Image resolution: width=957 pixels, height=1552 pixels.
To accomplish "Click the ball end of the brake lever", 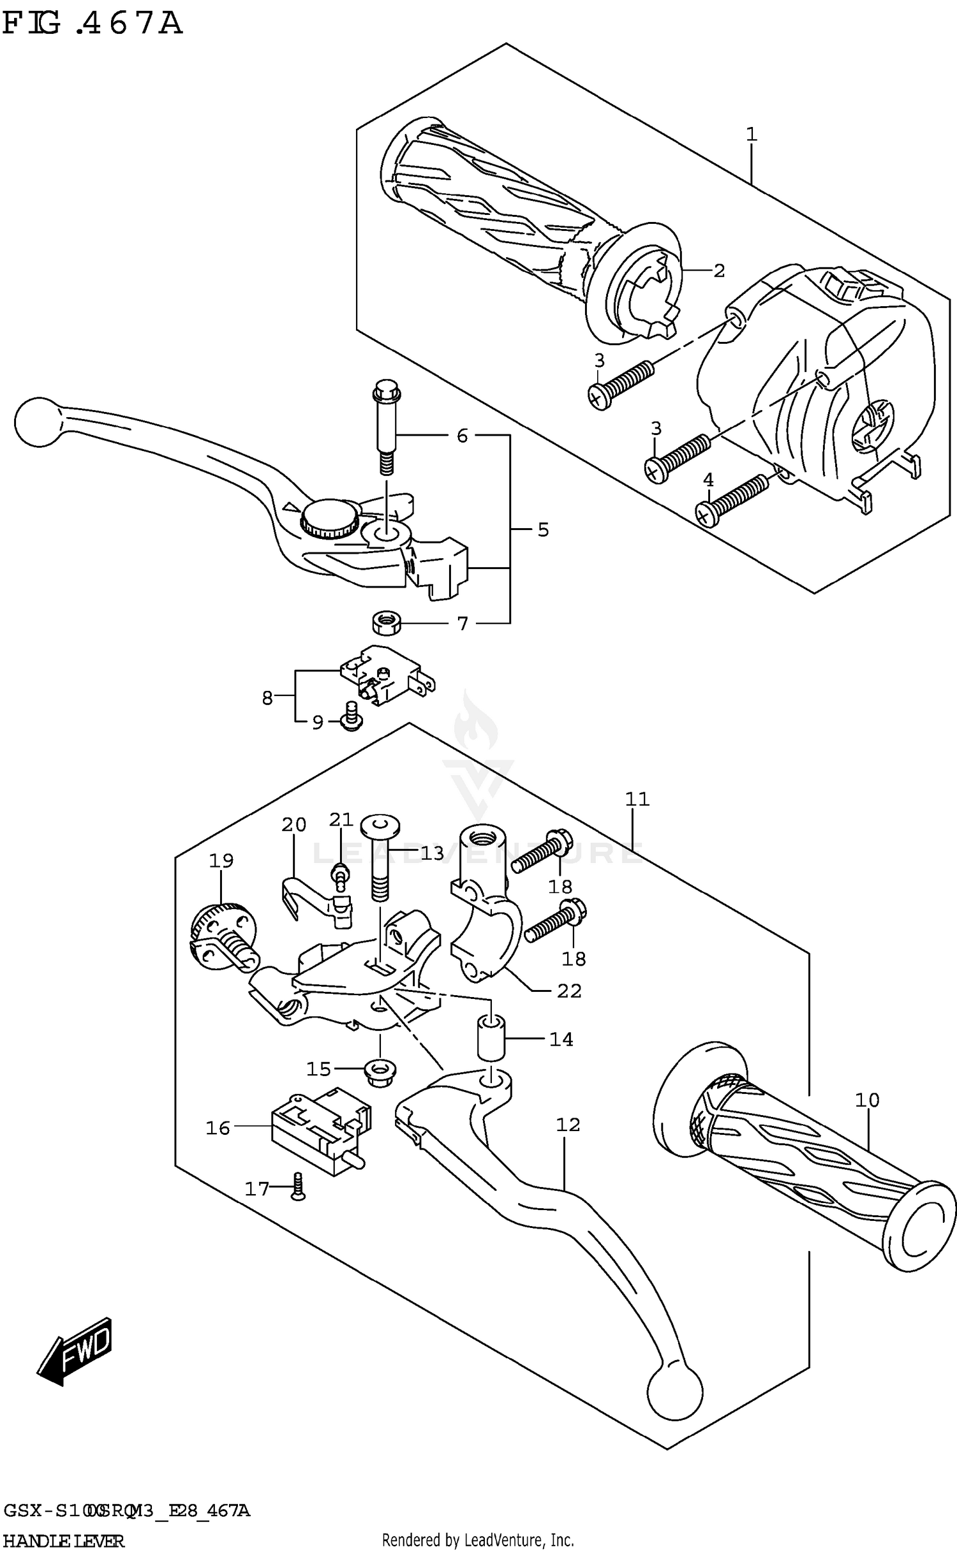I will pos(36,422).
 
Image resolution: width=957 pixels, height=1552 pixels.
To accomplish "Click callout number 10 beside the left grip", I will pos(867,1100).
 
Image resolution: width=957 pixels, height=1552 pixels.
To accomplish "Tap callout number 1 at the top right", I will pos(751,135).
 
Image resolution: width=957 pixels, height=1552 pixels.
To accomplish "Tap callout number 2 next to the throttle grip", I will pos(719,270).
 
